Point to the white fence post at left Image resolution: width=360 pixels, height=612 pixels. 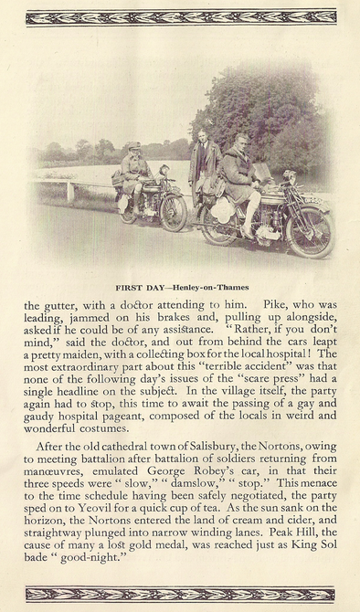point(70,191)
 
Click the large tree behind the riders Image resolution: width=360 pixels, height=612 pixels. point(265,110)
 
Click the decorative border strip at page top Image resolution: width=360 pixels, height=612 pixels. point(180,17)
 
